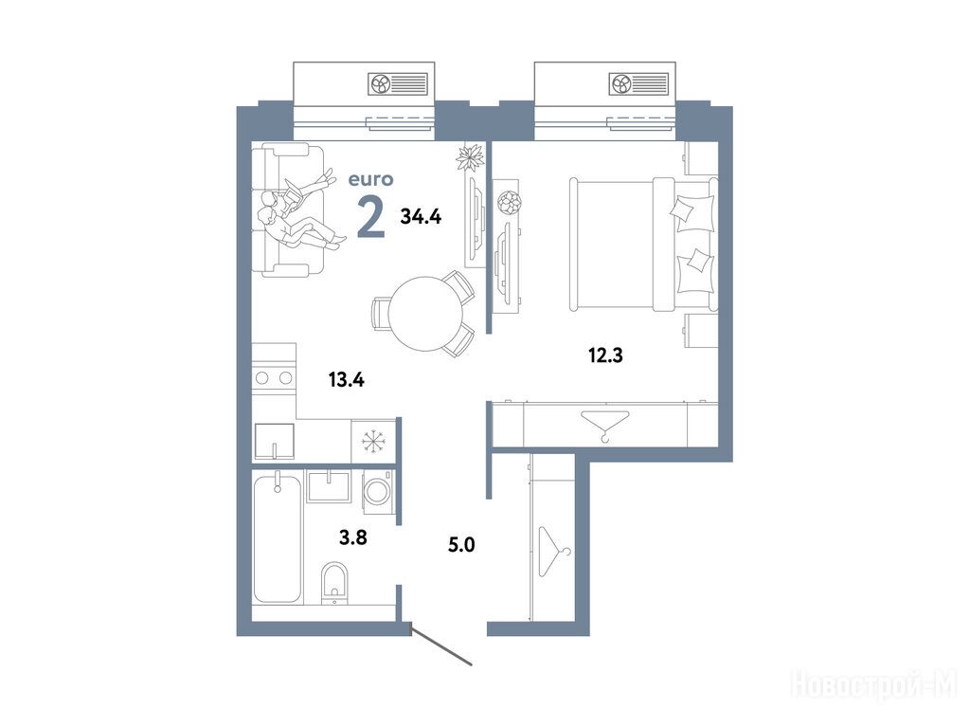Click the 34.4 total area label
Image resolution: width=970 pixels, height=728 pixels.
(x=421, y=217)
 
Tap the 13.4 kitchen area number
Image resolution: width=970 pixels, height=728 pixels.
(x=347, y=379)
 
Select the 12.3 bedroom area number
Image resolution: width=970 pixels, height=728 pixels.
(x=605, y=356)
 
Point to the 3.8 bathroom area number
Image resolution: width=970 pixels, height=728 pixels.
(x=353, y=537)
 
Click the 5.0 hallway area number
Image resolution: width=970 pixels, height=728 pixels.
(x=461, y=545)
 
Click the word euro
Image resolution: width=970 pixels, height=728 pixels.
(x=370, y=179)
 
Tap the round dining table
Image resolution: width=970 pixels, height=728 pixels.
(x=425, y=313)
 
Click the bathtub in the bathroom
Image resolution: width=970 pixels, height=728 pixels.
(x=278, y=537)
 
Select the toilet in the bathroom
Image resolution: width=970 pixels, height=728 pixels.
(x=335, y=582)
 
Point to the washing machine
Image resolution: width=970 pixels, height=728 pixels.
(x=377, y=492)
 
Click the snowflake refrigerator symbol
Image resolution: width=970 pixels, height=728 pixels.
(x=373, y=441)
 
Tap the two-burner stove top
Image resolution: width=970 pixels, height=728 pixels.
(x=274, y=377)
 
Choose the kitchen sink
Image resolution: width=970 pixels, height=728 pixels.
(x=275, y=442)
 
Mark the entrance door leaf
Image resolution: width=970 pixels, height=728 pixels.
(x=441, y=647)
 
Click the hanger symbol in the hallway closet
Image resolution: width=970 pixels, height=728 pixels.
(x=554, y=552)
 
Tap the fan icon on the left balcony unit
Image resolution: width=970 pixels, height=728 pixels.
(x=379, y=83)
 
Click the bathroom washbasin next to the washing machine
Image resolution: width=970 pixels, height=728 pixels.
(x=329, y=487)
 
